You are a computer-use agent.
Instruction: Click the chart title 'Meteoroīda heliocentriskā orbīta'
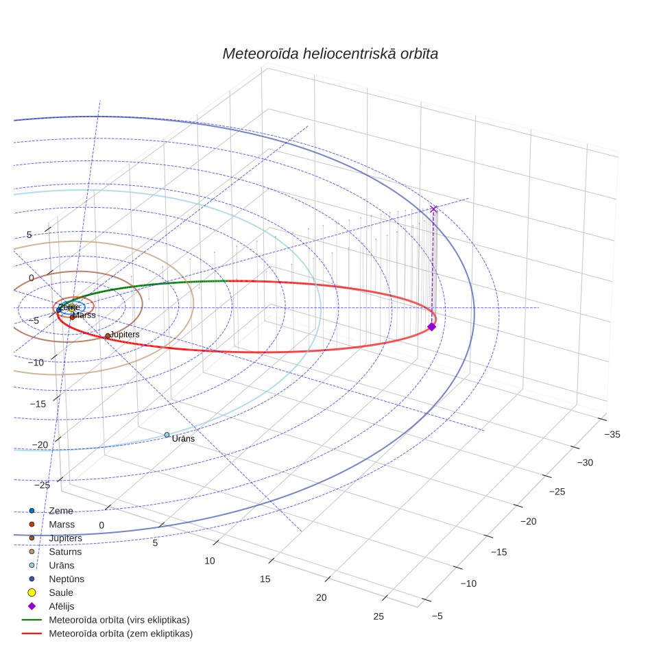pyautogui.click(x=330, y=54)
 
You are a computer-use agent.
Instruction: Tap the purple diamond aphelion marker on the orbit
pyautogui.click(x=432, y=326)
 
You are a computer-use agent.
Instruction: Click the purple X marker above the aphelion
pyautogui.click(x=433, y=208)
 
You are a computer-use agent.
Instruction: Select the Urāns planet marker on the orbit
pyautogui.click(x=167, y=435)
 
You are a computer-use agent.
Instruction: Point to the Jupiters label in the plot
pyautogui.click(x=125, y=335)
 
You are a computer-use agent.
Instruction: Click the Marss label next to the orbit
pyautogui.click(x=85, y=315)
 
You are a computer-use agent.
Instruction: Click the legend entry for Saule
pyautogui.click(x=51, y=592)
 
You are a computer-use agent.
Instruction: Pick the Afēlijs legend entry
pyautogui.click(x=51, y=606)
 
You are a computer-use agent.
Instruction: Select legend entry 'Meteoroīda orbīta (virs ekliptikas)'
pyautogui.click(x=106, y=620)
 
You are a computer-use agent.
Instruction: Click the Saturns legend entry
pyautogui.click(x=56, y=551)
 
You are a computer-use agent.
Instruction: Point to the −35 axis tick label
pyautogui.click(x=612, y=434)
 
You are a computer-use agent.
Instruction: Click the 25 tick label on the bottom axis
pyautogui.click(x=378, y=616)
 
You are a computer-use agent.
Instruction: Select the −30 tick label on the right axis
pyautogui.click(x=585, y=462)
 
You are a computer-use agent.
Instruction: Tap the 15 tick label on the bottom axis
pyautogui.click(x=265, y=579)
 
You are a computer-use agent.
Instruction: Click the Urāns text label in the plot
pyautogui.click(x=183, y=439)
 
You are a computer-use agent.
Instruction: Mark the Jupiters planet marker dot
pyautogui.click(x=108, y=336)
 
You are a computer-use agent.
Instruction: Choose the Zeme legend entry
pyautogui.click(x=51, y=511)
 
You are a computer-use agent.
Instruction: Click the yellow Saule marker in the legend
pyautogui.click(x=32, y=592)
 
